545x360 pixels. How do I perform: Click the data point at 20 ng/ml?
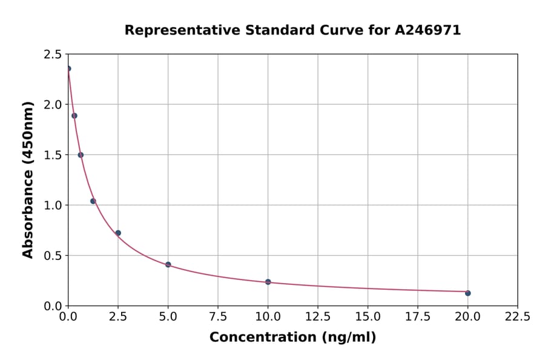click(x=467, y=293)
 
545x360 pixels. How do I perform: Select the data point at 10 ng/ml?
click(x=268, y=282)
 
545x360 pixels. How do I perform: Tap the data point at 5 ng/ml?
click(x=168, y=265)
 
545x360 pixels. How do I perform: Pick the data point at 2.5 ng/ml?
click(x=118, y=233)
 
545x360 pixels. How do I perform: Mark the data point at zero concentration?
click(x=68, y=68)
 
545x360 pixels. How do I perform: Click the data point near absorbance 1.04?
click(x=93, y=201)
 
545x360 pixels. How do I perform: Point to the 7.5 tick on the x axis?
click(x=218, y=316)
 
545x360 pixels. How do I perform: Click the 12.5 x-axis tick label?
click(x=318, y=316)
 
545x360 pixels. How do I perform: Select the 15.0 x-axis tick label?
click(x=368, y=316)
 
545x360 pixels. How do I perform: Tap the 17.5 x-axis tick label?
click(x=418, y=316)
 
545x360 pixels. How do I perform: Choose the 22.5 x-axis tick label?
click(x=517, y=316)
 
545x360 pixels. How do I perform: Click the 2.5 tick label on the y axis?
click(x=52, y=55)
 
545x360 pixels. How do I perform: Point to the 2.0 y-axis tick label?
click(x=52, y=105)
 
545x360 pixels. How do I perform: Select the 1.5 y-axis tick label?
click(x=52, y=155)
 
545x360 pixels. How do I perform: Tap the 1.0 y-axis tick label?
click(x=52, y=205)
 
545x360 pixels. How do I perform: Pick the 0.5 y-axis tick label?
click(x=52, y=256)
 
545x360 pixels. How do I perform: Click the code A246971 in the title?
click(x=428, y=30)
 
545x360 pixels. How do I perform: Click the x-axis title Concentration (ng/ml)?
click(x=292, y=338)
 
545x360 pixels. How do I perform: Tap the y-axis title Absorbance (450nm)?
click(x=28, y=179)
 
